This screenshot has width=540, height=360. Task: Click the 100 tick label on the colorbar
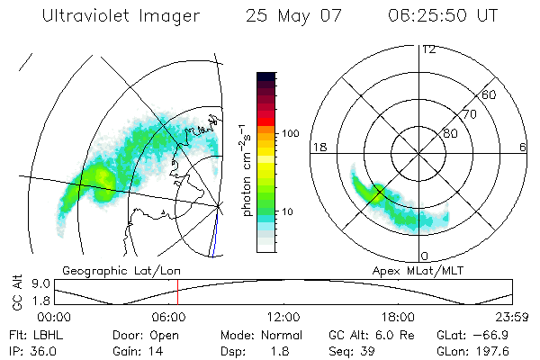pyautogui.click(x=289, y=133)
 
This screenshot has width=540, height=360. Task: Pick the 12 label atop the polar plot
pyautogui.click(x=428, y=49)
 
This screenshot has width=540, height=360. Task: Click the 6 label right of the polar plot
pyautogui.click(x=523, y=147)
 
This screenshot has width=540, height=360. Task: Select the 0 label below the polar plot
pyautogui.click(x=425, y=256)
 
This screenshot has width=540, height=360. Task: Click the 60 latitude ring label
pyautogui.click(x=490, y=94)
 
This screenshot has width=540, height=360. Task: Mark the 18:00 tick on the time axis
pyautogui.click(x=398, y=317)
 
